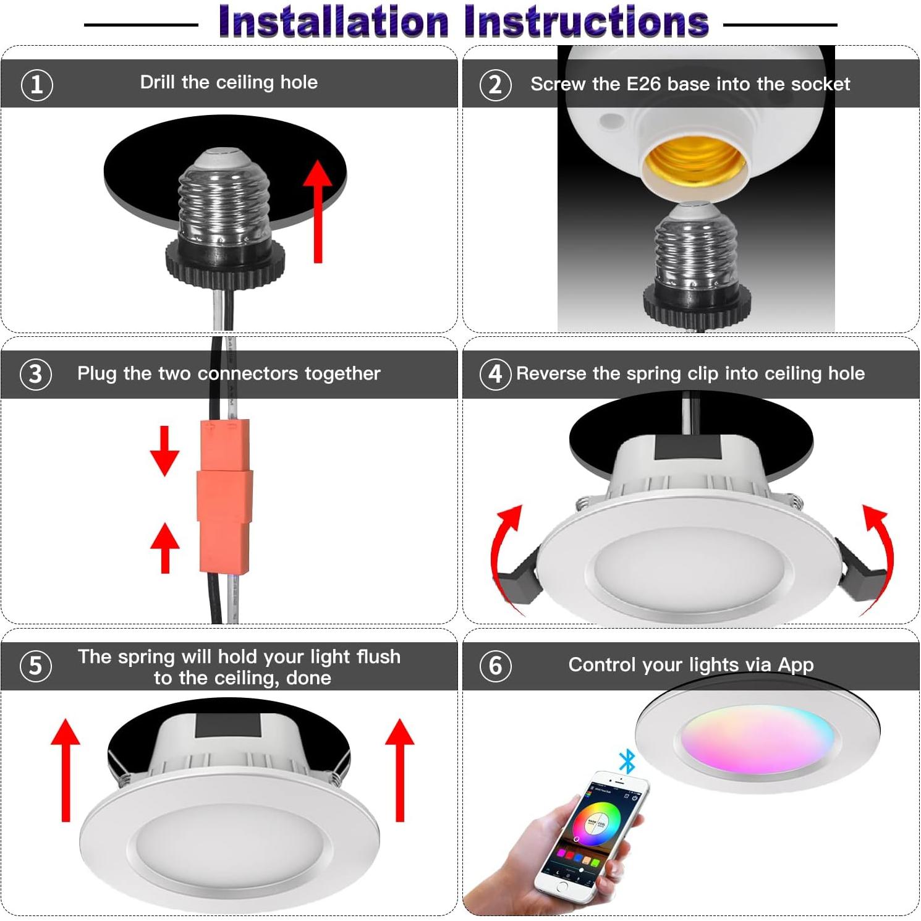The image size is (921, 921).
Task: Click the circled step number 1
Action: (37, 85)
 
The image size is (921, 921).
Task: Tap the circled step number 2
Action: (495, 85)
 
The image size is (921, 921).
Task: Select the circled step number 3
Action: (36, 374)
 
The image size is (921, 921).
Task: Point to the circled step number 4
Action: (495, 374)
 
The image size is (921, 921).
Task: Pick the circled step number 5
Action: (36, 666)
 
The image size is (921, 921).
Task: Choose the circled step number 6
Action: (495, 666)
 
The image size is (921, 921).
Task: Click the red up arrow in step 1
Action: (318, 210)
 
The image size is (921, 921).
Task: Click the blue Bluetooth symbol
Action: (627, 762)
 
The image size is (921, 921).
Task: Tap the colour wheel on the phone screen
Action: (597, 822)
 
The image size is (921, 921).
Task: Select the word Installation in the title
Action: (334, 22)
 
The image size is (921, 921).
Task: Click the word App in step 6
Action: (796, 665)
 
